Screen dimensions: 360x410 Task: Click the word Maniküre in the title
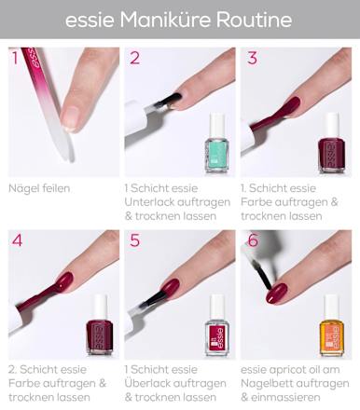pyautogui.click(x=165, y=20)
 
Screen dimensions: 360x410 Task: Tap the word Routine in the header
pyautogui.click(x=255, y=20)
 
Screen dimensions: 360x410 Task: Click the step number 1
pyautogui.click(x=15, y=58)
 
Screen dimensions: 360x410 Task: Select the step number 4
pyautogui.click(x=17, y=240)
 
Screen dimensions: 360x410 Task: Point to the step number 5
pyautogui.click(x=134, y=240)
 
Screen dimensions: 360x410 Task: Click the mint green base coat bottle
pyautogui.click(x=216, y=143)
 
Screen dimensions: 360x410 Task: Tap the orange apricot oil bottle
pyautogui.click(x=332, y=325)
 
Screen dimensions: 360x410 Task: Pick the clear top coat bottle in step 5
pyautogui.click(x=217, y=325)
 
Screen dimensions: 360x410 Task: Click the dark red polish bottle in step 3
pyautogui.click(x=331, y=143)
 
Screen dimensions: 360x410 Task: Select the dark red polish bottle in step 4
pyautogui.click(x=100, y=325)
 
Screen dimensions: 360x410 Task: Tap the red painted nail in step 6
pyautogui.click(x=277, y=294)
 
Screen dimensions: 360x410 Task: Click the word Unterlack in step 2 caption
pyautogui.click(x=149, y=202)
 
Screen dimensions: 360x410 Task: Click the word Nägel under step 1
pyautogui.click(x=23, y=188)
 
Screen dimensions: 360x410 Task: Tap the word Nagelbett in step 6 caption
pyautogui.click(x=267, y=383)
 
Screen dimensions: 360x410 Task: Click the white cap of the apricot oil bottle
pyautogui.click(x=332, y=307)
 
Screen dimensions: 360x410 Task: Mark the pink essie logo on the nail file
pyautogui.click(x=34, y=57)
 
